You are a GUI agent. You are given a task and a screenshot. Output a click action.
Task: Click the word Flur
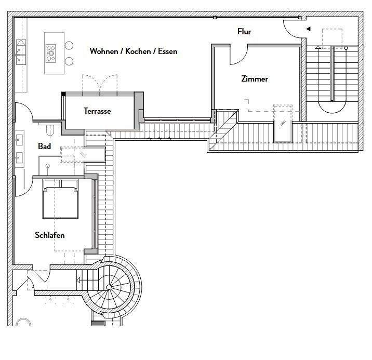click(244, 32)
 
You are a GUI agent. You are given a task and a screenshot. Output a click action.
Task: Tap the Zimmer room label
click(255, 79)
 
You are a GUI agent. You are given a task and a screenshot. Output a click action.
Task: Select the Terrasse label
click(97, 111)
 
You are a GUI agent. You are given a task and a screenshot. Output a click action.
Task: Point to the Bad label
click(45, 146)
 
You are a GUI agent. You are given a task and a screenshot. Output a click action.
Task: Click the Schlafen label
click(50, 235)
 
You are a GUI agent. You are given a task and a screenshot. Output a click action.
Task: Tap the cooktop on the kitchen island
click(51, 51)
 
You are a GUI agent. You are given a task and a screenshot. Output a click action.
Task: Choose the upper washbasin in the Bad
click(20, 139)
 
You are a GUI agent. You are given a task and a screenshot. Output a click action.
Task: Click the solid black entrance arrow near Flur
click(308, 29)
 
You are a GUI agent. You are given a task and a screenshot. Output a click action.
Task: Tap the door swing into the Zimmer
click(237, 55)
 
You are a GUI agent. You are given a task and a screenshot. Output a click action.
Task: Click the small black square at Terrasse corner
click(63, 94)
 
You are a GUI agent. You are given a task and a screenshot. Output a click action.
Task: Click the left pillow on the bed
click(51, 183)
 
